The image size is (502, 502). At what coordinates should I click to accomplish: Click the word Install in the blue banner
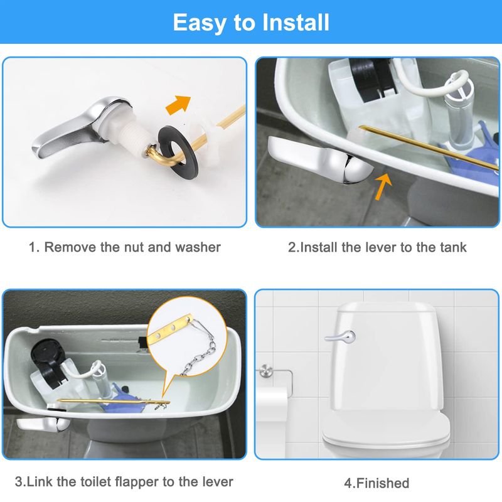(x=295, y=23)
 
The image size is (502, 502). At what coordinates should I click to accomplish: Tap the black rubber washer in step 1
(x=178, y=146)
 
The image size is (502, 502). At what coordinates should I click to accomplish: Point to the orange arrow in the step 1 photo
(x=178, y=104)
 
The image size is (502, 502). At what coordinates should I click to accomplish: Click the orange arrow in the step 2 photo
(x=383, y=186)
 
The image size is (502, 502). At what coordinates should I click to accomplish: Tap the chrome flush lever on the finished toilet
(x=340, y=337)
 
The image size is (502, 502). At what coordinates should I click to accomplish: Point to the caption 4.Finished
(x=376, y=483)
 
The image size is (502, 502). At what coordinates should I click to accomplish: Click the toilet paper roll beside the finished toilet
(x=272, y=404)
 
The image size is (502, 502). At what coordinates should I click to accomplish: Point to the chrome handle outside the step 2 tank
(x=320, y=160)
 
